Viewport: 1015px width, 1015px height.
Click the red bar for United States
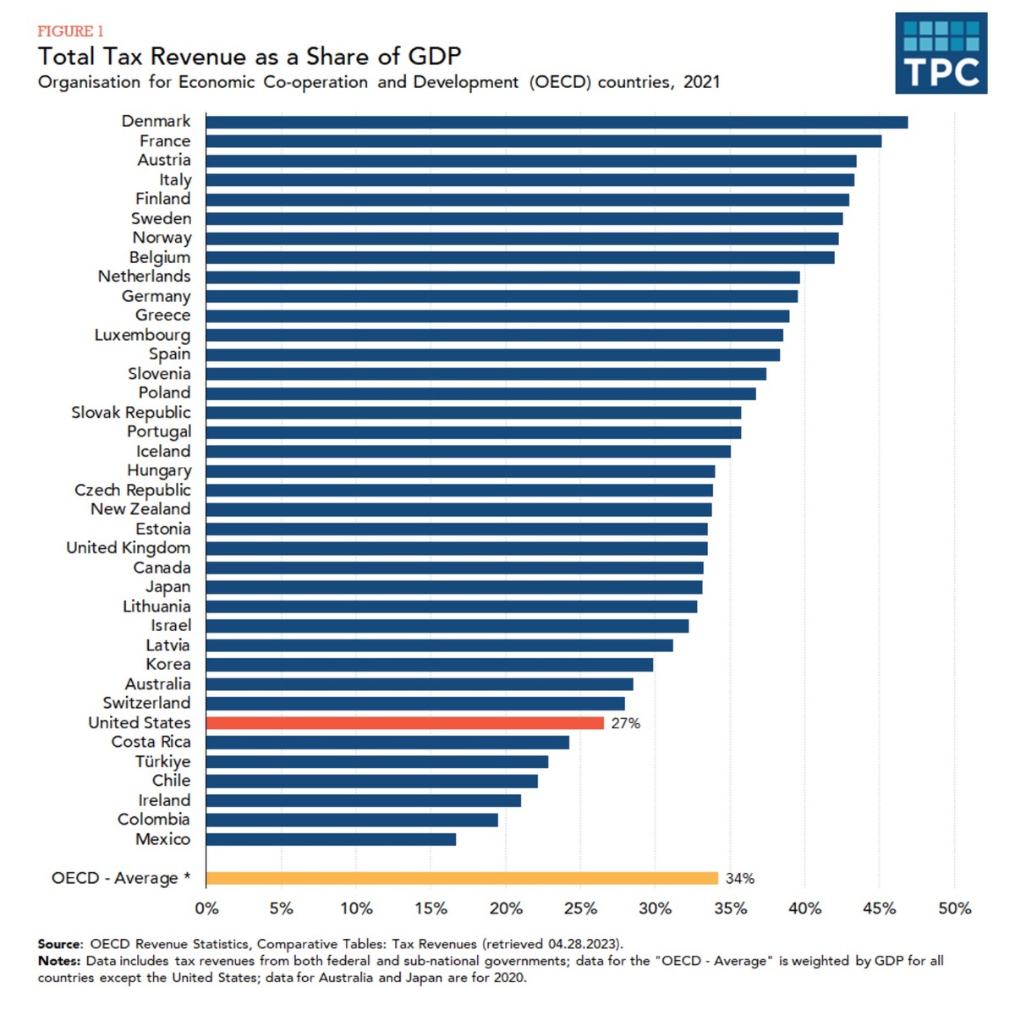(x=404, y=723)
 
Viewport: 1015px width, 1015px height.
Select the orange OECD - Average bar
(x=461, y=878)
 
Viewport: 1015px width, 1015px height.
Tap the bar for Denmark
(x=557, y=122)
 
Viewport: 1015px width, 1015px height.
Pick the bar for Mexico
(x=331, y=839)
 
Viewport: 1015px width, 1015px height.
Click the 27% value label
(x=626, y=723)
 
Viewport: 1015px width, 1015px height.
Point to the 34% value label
(x=739, y=879)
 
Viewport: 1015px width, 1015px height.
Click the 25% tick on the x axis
(x=580, y=909)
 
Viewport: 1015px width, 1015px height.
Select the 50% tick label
(x=954, y=909)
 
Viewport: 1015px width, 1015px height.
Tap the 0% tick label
(x=206, y=909)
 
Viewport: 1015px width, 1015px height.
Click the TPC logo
(x=941, y=52)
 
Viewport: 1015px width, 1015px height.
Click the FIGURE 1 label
(x=70, y=31)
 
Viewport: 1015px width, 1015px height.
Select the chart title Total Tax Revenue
(x=250, y=57)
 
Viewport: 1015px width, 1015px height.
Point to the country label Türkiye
(x=163, y=761)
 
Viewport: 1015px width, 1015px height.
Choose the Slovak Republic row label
(x=131, y=413)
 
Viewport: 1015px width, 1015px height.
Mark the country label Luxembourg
(x=142, y=335)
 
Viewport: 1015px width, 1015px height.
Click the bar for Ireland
(x=363, y=800)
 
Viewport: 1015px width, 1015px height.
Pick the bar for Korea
(x=429, y=665)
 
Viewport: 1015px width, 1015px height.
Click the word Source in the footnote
(x=60, y=944)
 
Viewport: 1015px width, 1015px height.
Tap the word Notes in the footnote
(x=58, y=961)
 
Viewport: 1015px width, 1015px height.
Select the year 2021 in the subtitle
(x=701, y=83)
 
